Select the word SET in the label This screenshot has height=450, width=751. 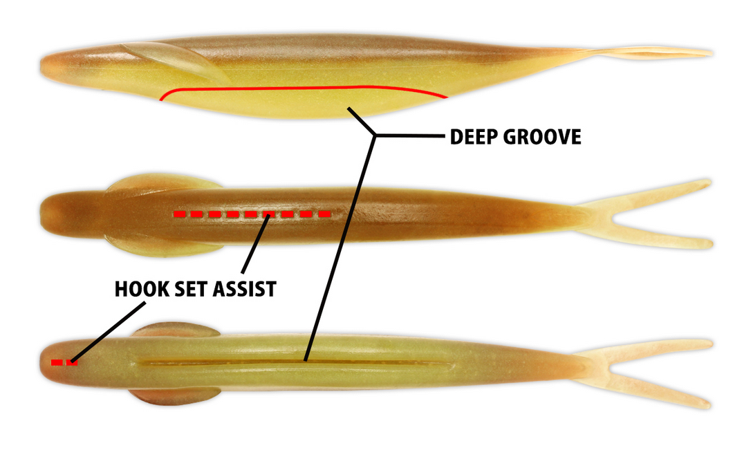tap(188, 289)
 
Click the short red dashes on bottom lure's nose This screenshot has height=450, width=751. tap(64, 362)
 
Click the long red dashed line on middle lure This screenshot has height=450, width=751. tap(252, 214)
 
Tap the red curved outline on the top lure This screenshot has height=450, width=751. tap(297, 88)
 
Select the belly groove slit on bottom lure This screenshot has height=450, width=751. tap(290, 362)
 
